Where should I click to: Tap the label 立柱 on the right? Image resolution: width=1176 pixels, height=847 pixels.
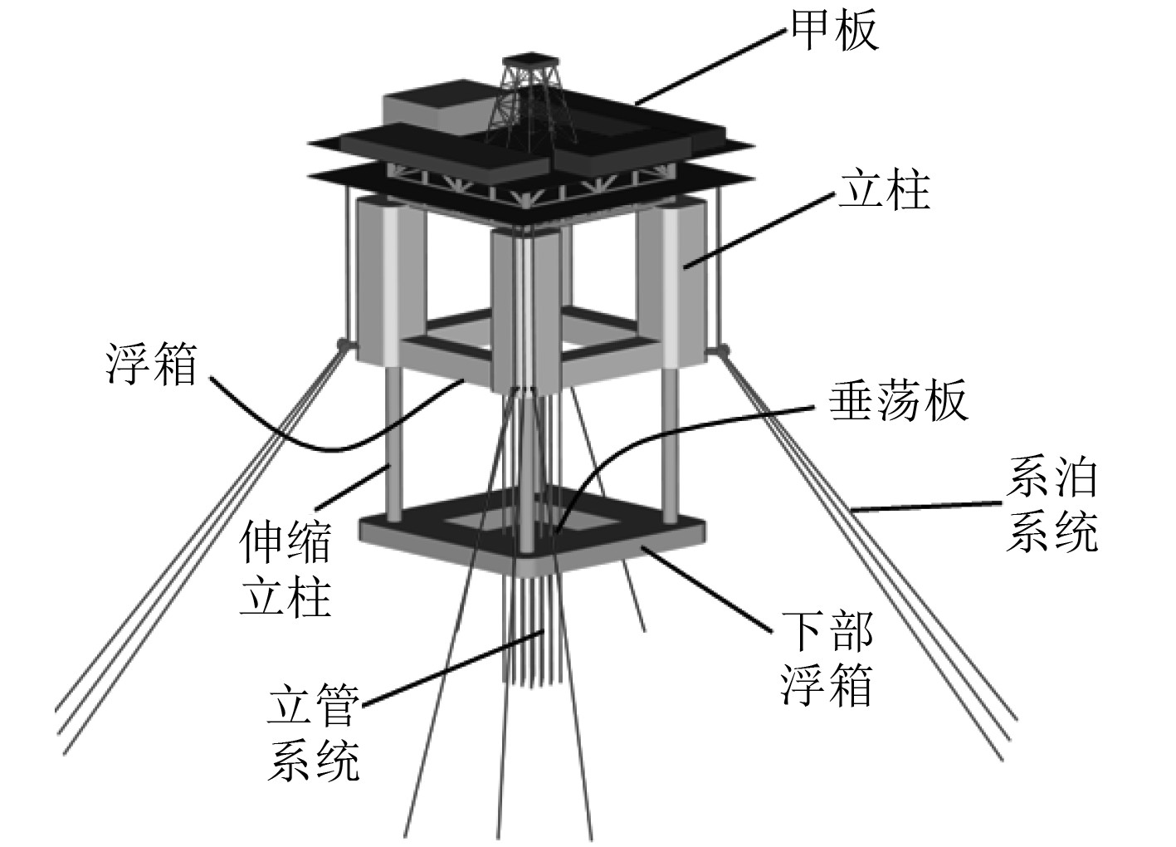click(883, 190)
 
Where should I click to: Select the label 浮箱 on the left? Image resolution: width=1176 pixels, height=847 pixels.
click(152, 365)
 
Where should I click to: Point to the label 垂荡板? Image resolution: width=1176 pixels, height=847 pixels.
click(899, 401)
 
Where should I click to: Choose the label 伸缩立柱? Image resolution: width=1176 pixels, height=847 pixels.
click(285, 570)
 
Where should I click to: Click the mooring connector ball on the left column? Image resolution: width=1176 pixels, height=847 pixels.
click(341, 343)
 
